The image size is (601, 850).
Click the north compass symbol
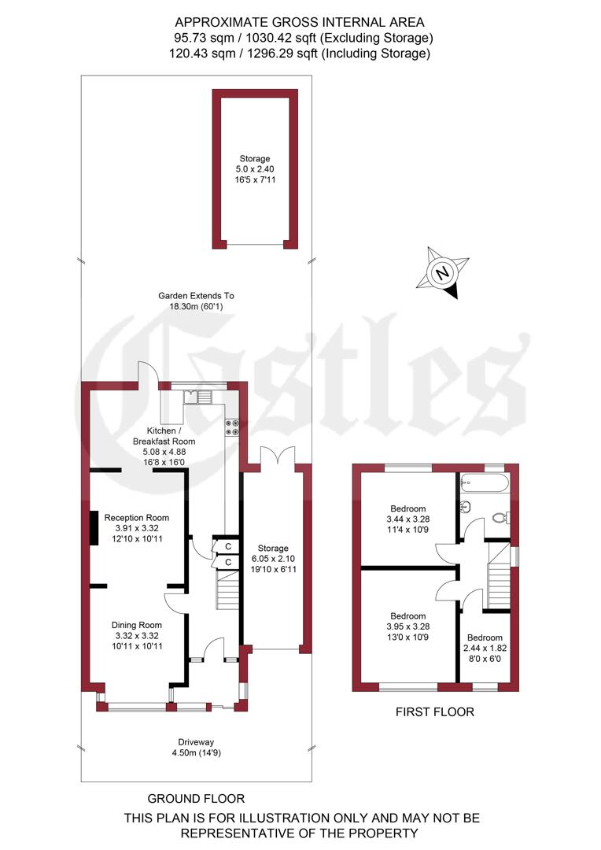[443, 273]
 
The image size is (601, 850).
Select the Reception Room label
[139, 528]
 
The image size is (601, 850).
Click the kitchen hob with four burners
[233, 427]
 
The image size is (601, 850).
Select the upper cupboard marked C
[227, 546]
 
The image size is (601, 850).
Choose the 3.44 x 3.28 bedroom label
[407, 519]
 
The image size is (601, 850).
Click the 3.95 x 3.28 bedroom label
[407, 626]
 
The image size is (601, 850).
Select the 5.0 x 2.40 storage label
[255, 169]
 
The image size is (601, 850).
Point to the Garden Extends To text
[196, 301]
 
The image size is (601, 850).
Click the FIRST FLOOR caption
[435, 712]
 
